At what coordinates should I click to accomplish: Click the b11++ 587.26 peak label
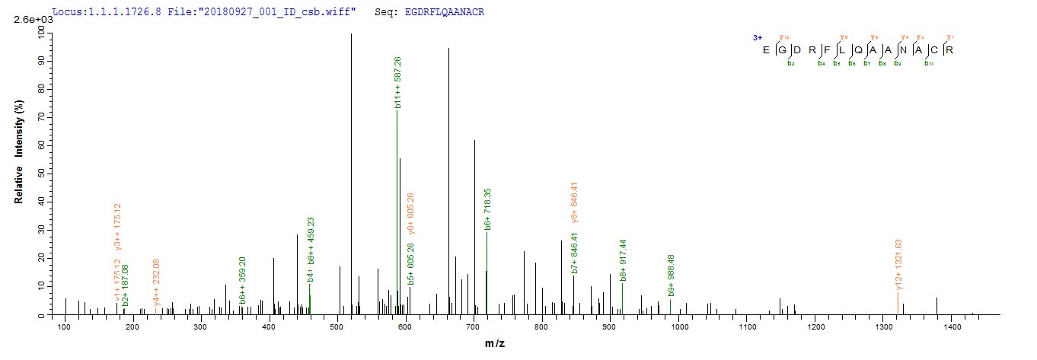pos(397,82)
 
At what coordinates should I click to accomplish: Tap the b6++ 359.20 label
pos(242,280)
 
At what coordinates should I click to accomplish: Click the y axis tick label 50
pos(41,174)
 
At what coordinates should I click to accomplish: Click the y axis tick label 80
pos(41,88)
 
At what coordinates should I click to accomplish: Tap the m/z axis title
pos(494,345)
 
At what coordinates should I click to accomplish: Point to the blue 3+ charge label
pos(757,37)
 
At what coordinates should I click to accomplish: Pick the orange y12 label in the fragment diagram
pos(783,37)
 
